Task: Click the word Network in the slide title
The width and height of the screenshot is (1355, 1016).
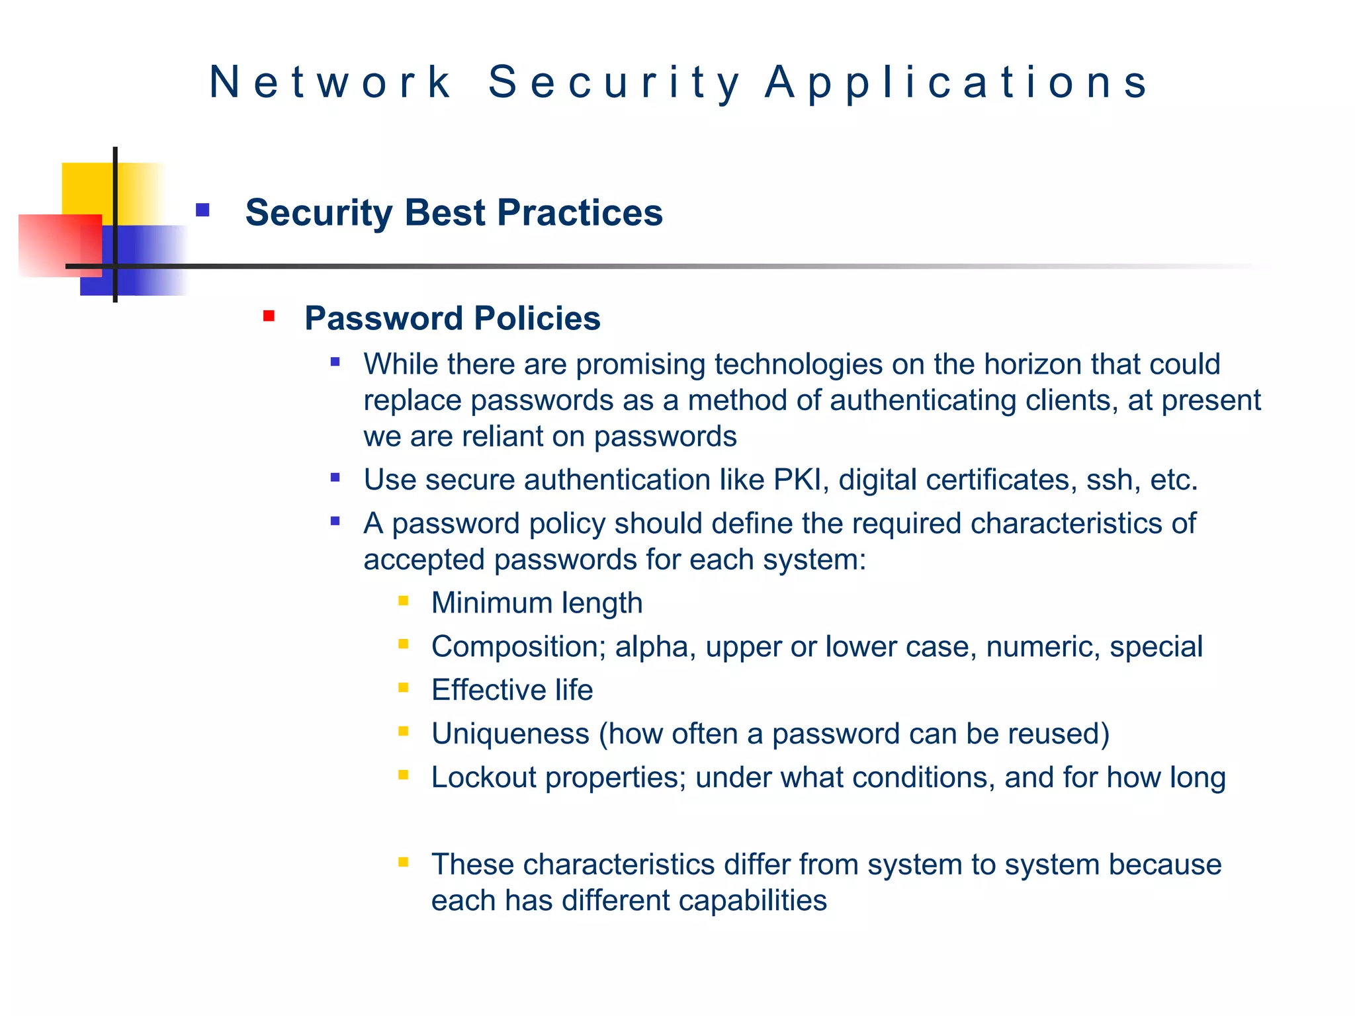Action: [x=330, y=82]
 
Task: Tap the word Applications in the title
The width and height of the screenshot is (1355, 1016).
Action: [x=957, y=82]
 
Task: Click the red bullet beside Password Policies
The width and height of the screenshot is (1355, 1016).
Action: [x=269, y=316]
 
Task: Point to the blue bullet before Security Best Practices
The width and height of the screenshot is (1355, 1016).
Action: [x=202, y=210]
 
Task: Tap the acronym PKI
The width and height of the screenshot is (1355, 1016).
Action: [x=801, y=480]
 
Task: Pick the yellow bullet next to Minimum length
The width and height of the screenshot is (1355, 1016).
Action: [x=404, y=601]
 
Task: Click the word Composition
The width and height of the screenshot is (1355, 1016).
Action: [x=518, y=646]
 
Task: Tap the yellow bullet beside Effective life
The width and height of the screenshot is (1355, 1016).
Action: [x=404, y=688]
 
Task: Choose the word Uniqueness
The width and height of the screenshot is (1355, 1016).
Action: [x=510, y=734]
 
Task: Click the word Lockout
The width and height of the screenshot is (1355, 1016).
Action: [x=484, y=777]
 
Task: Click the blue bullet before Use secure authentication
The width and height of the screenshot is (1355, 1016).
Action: [x=335, y=478]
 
